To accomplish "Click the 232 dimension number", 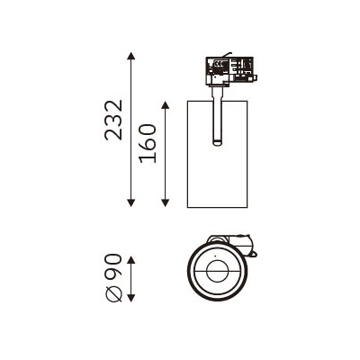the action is [113, 121].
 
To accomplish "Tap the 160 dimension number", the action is [148, 143].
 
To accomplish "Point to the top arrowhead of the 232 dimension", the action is [130, 56].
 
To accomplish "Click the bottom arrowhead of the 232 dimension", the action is [130, 202].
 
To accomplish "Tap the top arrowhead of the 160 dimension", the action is [165, 105].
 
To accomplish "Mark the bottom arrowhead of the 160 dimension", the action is [165, 202].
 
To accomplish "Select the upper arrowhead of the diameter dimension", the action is [130, 260].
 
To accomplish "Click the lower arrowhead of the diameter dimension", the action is [130, 297].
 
